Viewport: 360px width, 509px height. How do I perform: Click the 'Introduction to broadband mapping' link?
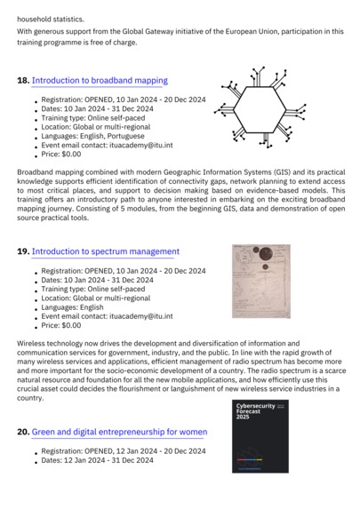pyautogui.click(x=100, y=81)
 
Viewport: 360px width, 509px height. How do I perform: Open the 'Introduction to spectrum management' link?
pyautogui.click(x=106, y=251)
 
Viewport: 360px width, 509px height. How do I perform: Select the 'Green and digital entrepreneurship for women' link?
pyautogui.click(x=119, y=432)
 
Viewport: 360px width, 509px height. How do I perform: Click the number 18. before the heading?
pyautogui.click(x=23, y=81)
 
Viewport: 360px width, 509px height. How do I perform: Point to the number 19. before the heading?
pyautogui.click(x=23, y=251)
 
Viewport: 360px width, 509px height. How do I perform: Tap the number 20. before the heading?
pyautogui.click(x=23, y=432)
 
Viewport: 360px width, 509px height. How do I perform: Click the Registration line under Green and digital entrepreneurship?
pyautogui.click(x=123, y=451)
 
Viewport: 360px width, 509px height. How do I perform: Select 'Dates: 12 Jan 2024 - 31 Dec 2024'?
pyautogui.click(x=97, y=460)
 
